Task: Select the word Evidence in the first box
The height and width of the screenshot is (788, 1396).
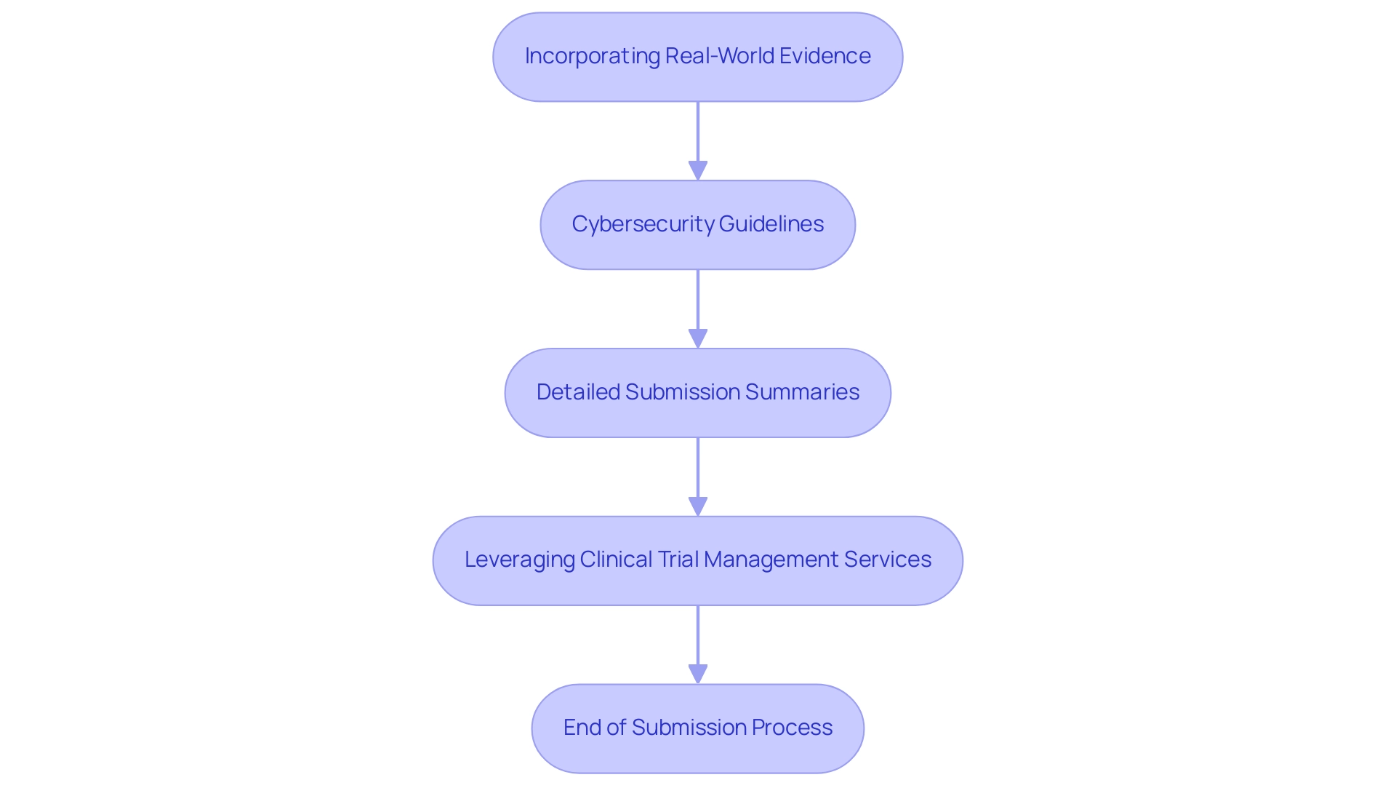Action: pyautogui.click(x=825, y=56)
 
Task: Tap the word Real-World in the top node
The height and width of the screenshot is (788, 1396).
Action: pyautogui.click(x=720, y=56)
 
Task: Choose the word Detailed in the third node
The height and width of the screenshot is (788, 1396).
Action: pyautogui.click(x=578, y=392)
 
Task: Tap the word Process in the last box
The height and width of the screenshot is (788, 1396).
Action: pyautogui.click(x=792, y=728)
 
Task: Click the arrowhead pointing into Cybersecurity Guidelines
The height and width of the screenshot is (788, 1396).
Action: pyautogui.click(x=698, y=170)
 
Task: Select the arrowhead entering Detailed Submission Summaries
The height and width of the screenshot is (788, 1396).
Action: pyautogui.click(x=698, y=338)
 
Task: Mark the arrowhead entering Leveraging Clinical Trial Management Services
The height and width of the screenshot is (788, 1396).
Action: pyautogui.click(x=698, y=506)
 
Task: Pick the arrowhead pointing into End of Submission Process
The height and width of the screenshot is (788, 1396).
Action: pyautogui.click(x=698, y=674)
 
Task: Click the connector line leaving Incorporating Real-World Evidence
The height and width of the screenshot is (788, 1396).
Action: pyautogui.click(x=698, y=131)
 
